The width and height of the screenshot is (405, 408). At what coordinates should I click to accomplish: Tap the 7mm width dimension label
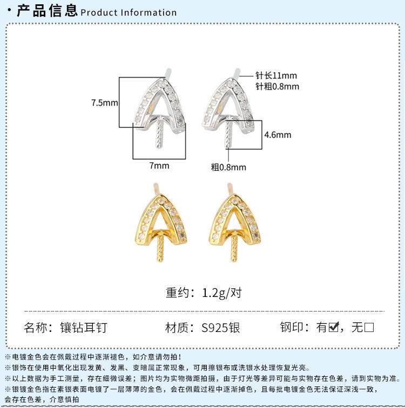point(159,166)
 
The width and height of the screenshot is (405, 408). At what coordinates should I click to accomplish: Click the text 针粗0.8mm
point(276,86)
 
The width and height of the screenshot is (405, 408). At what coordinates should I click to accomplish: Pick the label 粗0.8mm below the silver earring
point(228,167)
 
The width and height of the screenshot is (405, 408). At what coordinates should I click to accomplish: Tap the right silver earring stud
point(231,105)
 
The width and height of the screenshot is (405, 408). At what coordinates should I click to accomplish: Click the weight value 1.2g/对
point(221,293)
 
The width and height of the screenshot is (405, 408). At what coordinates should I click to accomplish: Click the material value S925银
point(220,327)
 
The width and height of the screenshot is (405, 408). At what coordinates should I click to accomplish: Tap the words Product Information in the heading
point(129,12)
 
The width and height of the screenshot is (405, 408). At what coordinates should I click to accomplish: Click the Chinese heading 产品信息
point(48,11)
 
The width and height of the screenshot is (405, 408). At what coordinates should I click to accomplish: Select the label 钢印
point(292,327)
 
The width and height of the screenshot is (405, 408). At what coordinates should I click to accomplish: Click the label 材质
point(179,327)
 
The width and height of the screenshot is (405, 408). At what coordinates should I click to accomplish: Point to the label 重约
point(179,293)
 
